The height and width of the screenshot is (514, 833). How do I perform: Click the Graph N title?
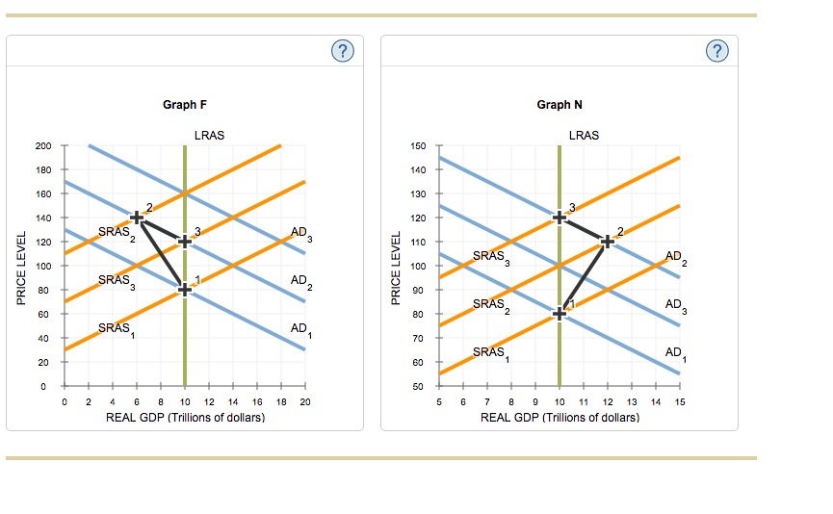coord(560,105)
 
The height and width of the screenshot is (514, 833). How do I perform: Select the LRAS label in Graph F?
coord(209,135)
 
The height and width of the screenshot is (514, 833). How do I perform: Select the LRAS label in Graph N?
coord(584,135)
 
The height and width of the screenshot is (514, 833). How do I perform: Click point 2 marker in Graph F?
coord(137,218)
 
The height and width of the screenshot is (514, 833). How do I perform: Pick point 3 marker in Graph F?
coord(185,241)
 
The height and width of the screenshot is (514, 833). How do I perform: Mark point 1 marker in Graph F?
coord(185,290)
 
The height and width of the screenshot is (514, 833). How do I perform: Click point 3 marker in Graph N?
coord(560,217)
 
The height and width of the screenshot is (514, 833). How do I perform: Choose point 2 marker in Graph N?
coord(608,241)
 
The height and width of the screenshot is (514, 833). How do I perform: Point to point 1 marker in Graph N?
coord(560,313)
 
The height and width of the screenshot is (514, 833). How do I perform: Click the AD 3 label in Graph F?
coord(301,234)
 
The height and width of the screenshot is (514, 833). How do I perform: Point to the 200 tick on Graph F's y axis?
coord(43,145)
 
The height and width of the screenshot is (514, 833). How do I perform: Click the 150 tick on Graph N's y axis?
coord(418,145)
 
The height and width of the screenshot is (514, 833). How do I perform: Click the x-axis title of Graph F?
coord(185,419)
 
